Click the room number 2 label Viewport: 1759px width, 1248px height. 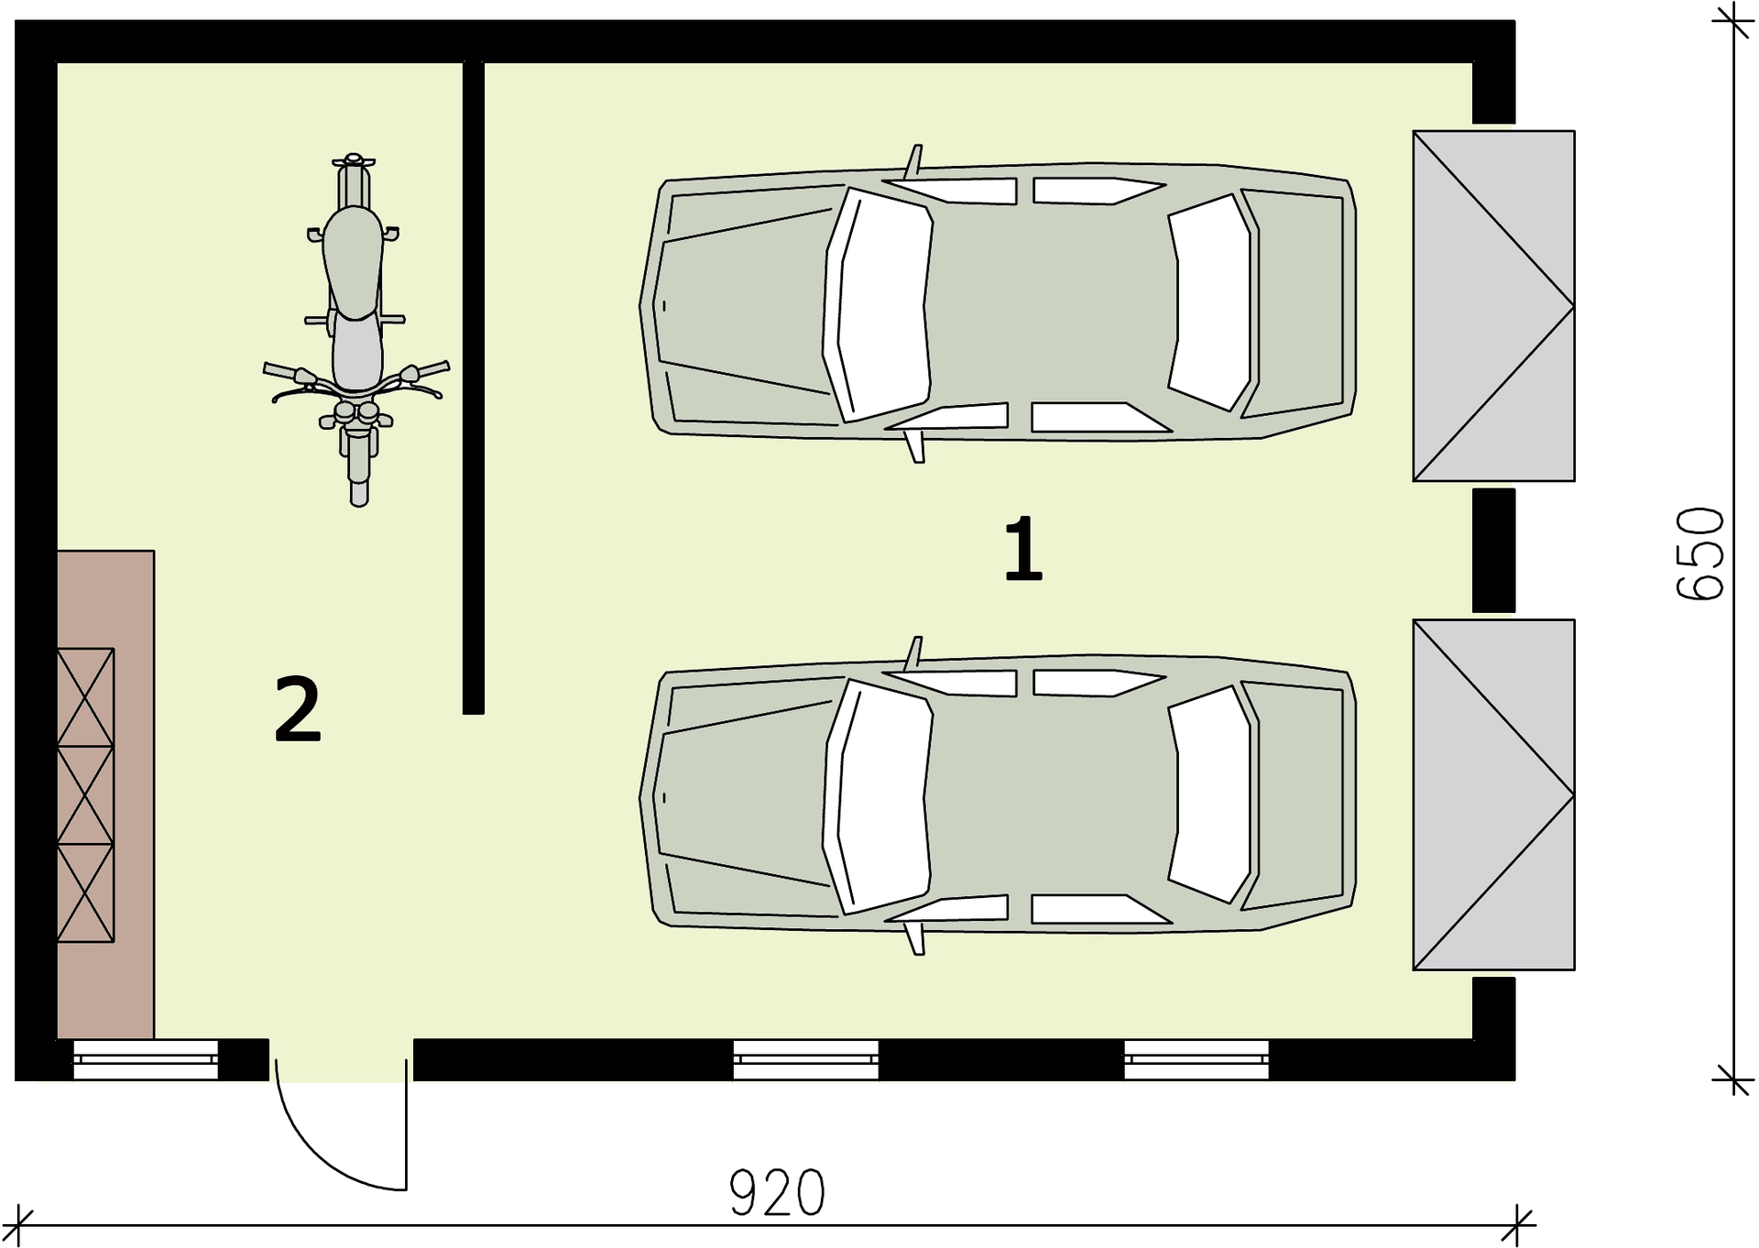(298, 707)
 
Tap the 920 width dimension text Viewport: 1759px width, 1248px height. (777, 1193)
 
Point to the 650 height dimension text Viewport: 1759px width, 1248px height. (1700, 553)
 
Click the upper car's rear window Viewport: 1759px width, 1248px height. (1209, 302)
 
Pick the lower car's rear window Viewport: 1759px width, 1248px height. (1209, 794)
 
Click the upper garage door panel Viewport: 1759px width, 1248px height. (1493, 306)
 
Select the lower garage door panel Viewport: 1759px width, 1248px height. (1493, 794)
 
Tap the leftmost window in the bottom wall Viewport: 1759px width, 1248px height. (146, 1059)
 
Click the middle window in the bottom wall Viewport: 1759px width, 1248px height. (805, 1059)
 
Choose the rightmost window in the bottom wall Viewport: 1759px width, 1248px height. (1196, 1059)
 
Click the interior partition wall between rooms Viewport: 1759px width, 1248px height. (473, 388)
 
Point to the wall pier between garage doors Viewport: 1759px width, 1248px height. (1493, 550)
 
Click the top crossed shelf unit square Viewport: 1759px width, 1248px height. (85, 697)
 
